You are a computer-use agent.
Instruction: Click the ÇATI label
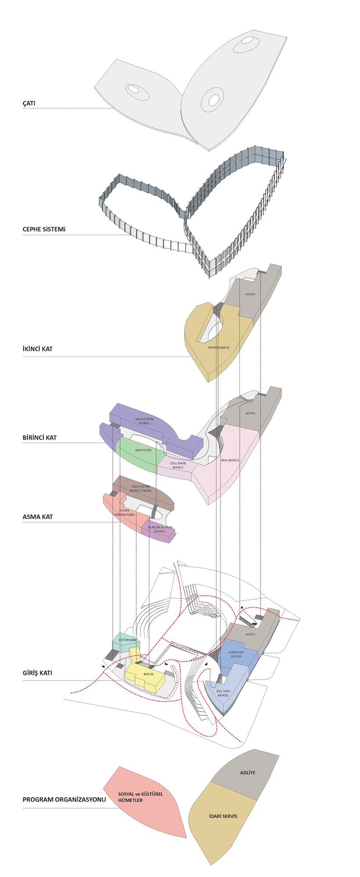pos(29,103)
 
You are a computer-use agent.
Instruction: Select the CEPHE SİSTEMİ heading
pos(44,229)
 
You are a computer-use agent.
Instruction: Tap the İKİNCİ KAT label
pos(38,349)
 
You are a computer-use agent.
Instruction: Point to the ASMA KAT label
pos(38,517)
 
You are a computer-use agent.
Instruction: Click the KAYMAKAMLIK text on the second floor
pos(219,347)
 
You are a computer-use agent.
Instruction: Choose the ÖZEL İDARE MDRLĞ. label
pos(178,465)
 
